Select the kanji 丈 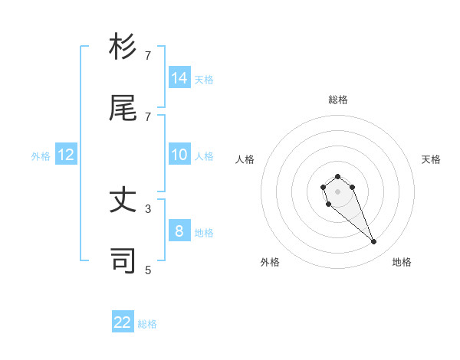pos(123,201)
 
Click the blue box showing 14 pos(179,78)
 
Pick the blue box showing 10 pos(179,155)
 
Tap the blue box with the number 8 pos(179,231)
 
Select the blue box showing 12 pos(66,155)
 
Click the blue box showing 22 pos(123,322)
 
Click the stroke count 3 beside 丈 pos(148,208)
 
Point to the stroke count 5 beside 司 pos(148,270)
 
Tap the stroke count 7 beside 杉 pos(148,55)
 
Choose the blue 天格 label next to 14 pos(204,80)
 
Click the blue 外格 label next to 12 pos(41,156)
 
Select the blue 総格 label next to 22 pos(147,324)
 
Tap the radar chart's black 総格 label pos(337,100)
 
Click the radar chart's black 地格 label pos(402,262)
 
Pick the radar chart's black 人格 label pos(245,159)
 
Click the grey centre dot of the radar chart pos(337,191)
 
